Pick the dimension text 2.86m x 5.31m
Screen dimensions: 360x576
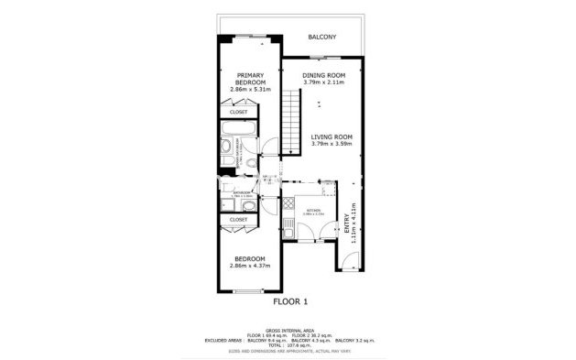click(251, 90)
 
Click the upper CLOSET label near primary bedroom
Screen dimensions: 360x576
click(238, 113)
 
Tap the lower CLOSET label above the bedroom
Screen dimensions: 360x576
click(238, 220)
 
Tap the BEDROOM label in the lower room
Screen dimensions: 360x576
click(248, 259)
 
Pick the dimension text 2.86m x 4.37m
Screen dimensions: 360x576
click(248, 267)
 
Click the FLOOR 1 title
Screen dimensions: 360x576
click(291, 300)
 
